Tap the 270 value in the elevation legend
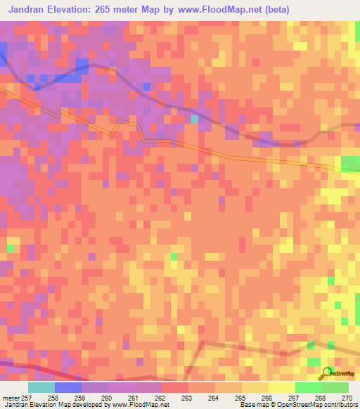coord(346,398)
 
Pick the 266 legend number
coord(267,398)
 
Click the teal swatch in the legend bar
coord(41,387)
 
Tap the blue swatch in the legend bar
coord(68,387)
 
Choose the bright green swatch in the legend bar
coord(308,387)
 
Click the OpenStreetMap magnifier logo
coord(328,372)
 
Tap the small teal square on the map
coord(195,119)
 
